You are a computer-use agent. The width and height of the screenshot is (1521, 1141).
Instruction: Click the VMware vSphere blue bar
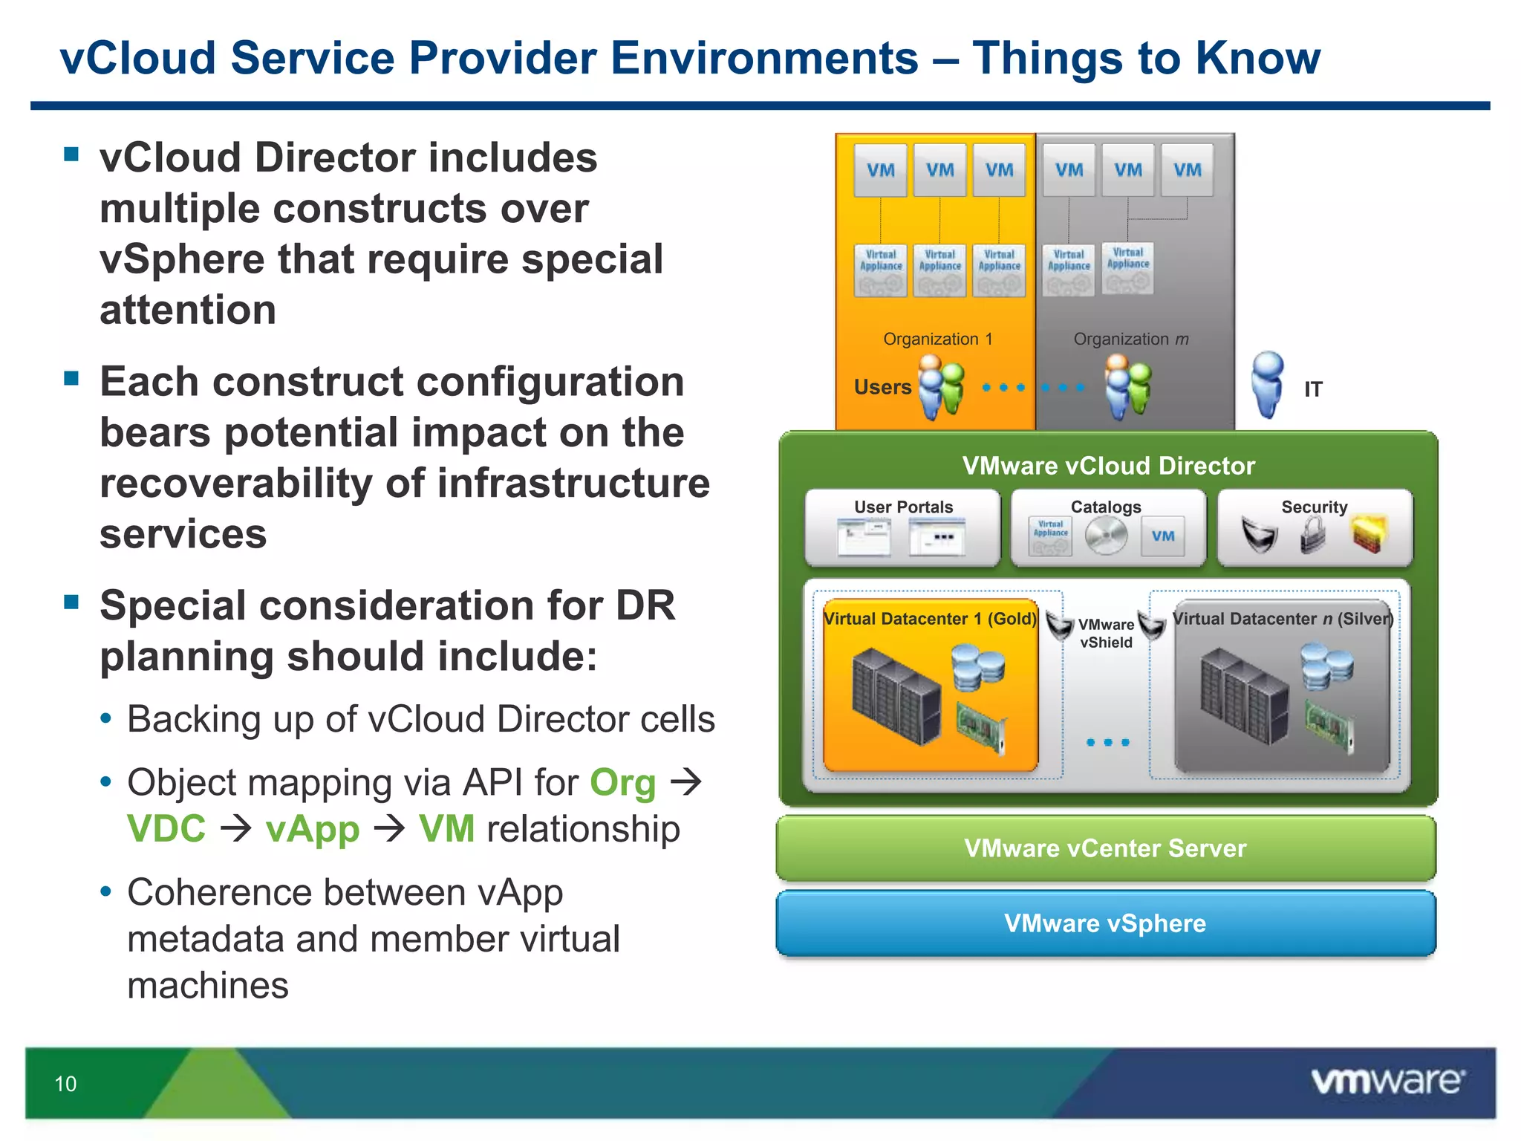(x=1105, y=923)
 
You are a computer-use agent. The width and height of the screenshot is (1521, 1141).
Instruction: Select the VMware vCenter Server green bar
(x=1105, y=848)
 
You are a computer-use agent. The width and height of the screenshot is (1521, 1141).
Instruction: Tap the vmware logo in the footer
(x=1387, y=1081)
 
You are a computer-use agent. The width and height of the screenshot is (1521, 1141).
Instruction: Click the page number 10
(x=65, y=1084)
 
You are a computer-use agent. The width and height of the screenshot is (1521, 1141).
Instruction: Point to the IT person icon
(x=1267, y=385)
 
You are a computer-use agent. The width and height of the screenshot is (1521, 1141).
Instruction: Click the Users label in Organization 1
(x=882, y=387)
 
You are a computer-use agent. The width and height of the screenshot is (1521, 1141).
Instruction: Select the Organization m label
(x=1130, y=339)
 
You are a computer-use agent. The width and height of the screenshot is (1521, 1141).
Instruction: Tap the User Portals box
(x=902, y=528)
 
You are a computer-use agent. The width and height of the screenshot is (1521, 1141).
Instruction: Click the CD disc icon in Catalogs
(x=1106, y=536)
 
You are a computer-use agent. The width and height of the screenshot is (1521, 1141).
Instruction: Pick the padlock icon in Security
(x=1313, y=535)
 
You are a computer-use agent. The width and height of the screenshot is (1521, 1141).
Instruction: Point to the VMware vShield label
(x=1106, y=634)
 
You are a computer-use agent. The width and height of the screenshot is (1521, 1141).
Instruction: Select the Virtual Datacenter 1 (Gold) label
(x=930, y=619)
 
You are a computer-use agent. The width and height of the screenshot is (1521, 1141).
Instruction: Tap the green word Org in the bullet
(x=622, y=783)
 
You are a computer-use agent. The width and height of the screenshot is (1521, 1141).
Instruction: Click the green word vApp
(x=313, y=829)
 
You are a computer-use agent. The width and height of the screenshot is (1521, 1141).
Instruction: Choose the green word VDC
(x=166, y=829)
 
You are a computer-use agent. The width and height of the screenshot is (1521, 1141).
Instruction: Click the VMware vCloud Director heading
(x=1108, y=466)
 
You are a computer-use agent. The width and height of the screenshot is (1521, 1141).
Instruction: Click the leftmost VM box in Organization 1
(x=880, y=170)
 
